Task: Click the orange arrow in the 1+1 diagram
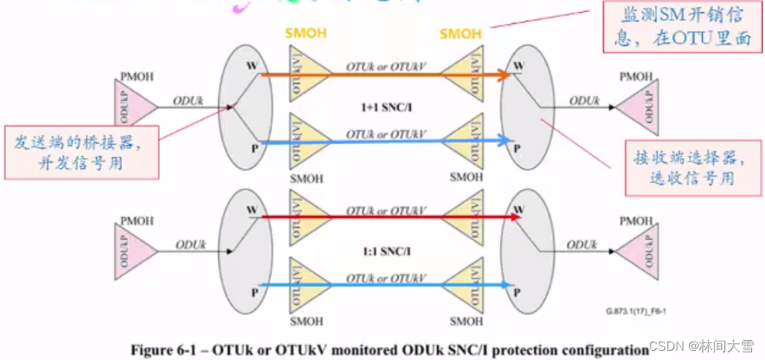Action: [x=384, y=74]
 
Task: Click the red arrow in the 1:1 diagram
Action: [x=384, y=217]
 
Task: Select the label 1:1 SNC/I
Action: [x=386, y=251]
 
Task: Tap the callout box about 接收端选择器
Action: [x=684, y=167]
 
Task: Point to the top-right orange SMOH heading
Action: [x=461, y=34]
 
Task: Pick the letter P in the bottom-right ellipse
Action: [x=517, y=292]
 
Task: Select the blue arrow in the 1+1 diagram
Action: [x=384, y=141]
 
